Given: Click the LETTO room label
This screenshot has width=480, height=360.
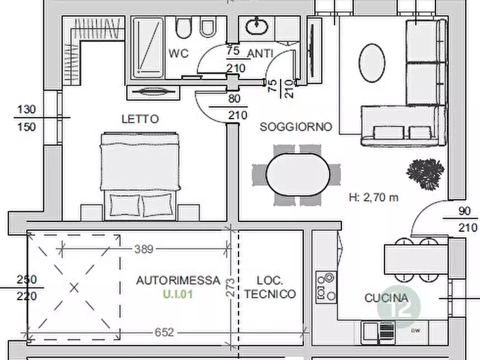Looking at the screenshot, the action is (140, 119).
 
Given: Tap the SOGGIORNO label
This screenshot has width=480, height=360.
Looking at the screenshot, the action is (296, 127).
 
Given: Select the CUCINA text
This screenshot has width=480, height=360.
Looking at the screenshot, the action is (386, 298).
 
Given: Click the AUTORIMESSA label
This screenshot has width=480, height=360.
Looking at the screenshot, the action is (178, 280).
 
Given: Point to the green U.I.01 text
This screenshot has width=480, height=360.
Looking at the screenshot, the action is (178, 294).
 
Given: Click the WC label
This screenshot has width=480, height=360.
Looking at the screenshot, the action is (178, 54).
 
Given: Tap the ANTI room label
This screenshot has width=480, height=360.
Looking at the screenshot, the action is (260, 54).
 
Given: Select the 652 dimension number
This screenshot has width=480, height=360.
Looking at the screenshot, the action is (164, 332).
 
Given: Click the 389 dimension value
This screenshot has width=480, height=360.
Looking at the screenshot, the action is (144, 249).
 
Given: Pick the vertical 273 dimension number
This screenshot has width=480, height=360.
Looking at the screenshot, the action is (231, 287).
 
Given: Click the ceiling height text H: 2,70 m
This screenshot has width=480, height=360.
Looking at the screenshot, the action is (374, 197).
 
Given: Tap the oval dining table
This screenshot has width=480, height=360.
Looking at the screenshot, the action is (298, 175).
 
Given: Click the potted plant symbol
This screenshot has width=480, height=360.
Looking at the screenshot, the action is (425, 174).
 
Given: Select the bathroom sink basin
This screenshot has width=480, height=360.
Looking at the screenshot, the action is (257, 26).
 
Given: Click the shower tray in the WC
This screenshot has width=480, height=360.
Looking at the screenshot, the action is (148, 48).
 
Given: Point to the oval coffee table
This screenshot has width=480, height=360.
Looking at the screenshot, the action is (372, 63).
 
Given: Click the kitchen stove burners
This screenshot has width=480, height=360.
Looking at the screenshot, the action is (327, 287).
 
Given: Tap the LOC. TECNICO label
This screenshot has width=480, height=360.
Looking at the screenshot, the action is (270, 287).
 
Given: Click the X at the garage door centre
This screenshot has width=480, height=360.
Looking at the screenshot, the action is (74, 288).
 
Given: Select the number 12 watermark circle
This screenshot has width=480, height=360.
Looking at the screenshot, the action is (399, 307).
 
